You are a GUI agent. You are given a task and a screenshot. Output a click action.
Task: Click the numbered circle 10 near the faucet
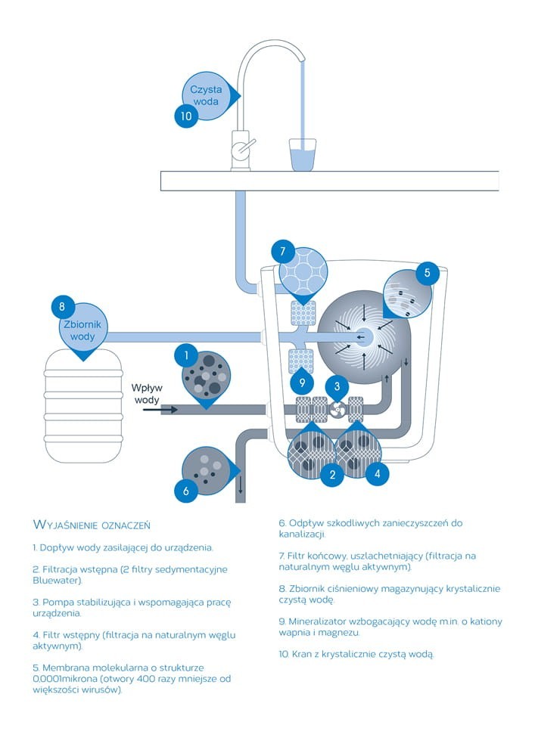coord(185,116)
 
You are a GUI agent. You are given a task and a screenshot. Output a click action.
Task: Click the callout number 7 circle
coord(282,251)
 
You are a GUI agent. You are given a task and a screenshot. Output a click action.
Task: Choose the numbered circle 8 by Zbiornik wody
coord(63,307)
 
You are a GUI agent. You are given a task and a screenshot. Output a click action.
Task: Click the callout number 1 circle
coord(185,354)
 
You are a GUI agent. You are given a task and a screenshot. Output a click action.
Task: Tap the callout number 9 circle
coord(302,382)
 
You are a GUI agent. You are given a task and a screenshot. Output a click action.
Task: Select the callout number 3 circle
coord(337,386)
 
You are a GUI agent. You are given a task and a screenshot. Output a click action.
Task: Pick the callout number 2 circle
coord(331,475)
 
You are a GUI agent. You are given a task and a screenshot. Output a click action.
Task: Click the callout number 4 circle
coord(378,474)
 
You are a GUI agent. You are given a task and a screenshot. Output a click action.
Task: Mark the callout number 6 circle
coord(185,491)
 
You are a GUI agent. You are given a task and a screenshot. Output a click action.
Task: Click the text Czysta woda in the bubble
coord(206,95)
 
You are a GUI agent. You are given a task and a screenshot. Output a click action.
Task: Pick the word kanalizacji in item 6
coord(303,534)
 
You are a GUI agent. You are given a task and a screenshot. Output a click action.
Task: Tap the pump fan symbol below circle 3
coord(337,410)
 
